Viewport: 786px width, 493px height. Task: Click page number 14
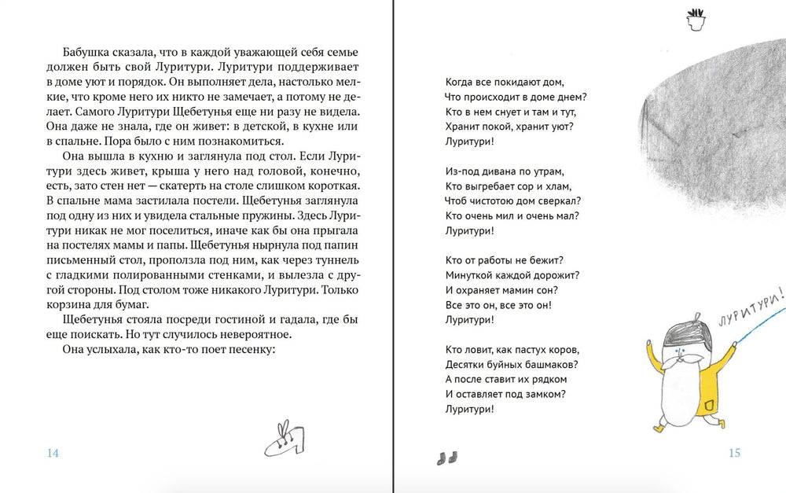click(53, 453)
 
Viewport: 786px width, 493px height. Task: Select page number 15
click(734, 453)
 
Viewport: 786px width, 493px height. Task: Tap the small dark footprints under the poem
click(446, 458)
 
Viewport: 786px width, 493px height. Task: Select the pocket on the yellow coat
click(709, 404)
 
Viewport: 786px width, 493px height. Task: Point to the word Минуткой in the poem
click(470, 274)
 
